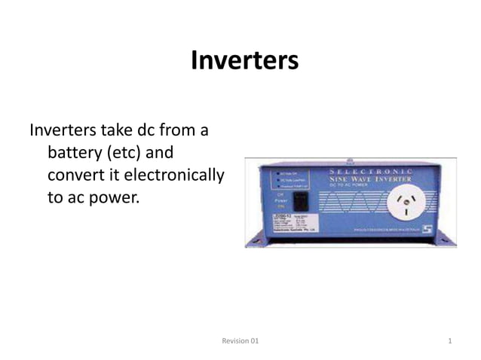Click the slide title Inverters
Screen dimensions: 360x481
[244, 60]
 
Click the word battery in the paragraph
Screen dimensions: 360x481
[75, 154]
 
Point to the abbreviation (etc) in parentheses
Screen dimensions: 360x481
[124, 154]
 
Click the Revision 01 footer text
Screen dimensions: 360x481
[240, 342]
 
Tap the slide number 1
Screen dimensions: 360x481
[450, 342]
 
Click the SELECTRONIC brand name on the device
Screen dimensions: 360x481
[375, 172]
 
